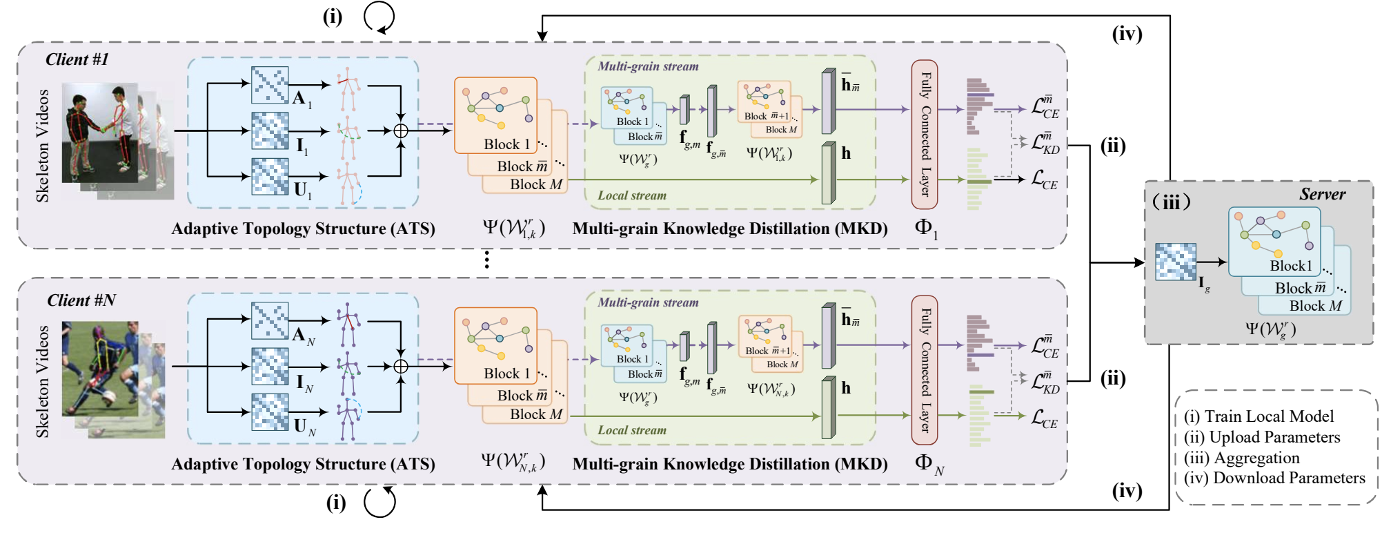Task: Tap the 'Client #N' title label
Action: tap(81, 300)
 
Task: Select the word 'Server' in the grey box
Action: tap(1322, 195)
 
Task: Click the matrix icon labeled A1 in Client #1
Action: tap(270, 85)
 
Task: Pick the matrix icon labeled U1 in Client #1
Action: tap(270, 176)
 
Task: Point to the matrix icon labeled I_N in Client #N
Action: tap(270, 366)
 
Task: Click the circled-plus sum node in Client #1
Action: tap(401, 130)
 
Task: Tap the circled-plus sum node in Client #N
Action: tap(401, 366)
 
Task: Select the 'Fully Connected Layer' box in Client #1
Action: tap(925, 134)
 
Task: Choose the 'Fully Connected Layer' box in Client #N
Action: tap(925, 369)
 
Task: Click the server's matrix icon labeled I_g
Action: tap(1176, 262)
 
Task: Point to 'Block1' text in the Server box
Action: tap(1291, 266)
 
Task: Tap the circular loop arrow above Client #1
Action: tap(379, 17)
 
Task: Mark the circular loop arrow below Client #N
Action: tap(379, 502)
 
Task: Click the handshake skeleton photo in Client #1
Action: tap(103, 135)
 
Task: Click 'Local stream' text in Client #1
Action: tap(632, 195)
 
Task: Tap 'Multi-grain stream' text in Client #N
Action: tap(648, 302)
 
